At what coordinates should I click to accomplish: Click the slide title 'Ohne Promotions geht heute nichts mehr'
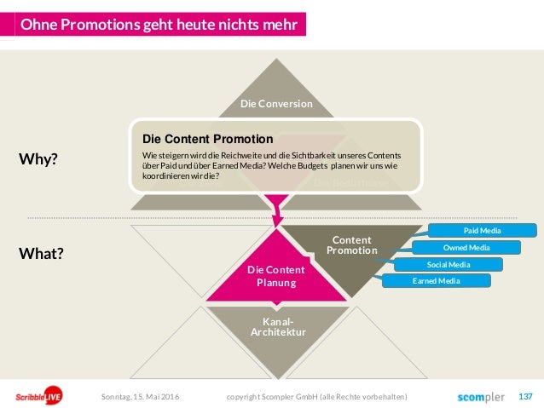click(x=159, y=25)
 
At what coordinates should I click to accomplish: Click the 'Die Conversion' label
click(x=275, y=104)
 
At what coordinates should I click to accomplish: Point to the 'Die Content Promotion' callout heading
click(x=207, y=138)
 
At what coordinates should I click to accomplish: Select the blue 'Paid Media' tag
click(x=483, y=231)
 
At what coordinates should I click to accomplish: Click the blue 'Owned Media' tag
click(x=466, y=248)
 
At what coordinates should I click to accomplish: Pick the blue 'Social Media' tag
click(x=449, y=265)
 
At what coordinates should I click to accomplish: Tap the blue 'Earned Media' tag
click(x=437, y=281)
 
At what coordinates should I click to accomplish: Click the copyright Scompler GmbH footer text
click(x=316, y=397)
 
